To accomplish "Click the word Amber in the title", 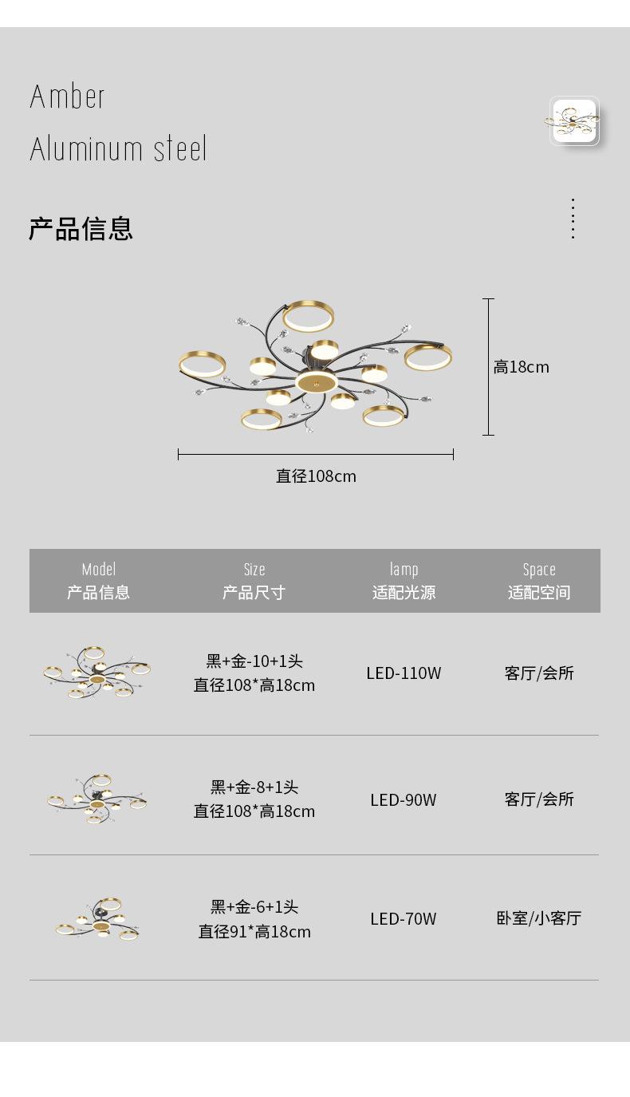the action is pos(68,97).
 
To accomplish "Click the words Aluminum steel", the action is pos(118,149).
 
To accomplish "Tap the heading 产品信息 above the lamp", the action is pos(81,228).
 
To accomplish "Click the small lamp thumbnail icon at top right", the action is pos(573,120).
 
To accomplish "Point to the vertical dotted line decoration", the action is pos(573,219).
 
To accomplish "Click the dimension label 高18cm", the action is pos(521,367).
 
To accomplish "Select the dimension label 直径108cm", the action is pos(316,476).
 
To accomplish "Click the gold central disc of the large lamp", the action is pos(315,382).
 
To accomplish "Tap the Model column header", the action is pos(98,581).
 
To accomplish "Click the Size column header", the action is pos(254,581).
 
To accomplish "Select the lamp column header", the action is pos(404,581).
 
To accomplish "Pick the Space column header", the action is pos(539,581).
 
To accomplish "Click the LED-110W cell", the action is pos(404,673).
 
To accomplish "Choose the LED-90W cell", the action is pos(404,799).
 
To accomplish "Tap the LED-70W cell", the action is pos(404,918).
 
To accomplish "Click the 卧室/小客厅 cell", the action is pos(539,918).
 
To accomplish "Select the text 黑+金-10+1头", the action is pos(254,661).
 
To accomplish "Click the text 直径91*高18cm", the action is pos(254,931).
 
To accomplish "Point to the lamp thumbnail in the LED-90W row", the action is pos(97,798).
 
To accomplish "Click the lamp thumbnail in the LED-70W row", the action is pos(99,920).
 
